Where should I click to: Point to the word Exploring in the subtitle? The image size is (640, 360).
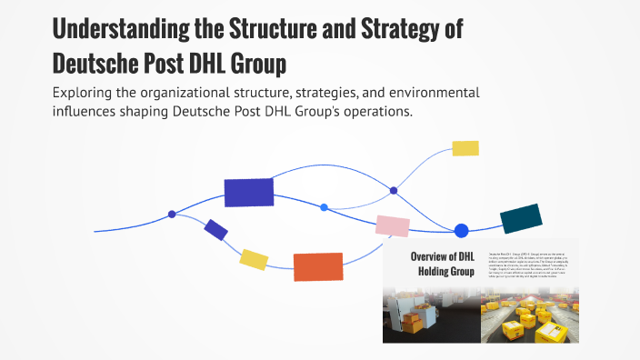(x=86, y=94)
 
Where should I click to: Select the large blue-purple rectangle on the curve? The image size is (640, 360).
(x=249, y=193)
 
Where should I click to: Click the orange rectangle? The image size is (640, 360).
(x=318, y=266)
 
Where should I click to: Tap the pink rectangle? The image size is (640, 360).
(x=393, y=225)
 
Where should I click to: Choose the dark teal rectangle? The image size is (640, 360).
(x=521, y=218)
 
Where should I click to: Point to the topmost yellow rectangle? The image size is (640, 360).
(x=465, y=148)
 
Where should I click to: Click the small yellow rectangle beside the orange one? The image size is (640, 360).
(x=254, y=260)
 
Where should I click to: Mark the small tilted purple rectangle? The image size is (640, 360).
(x=215, y=230)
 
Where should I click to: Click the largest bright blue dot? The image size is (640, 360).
(x=461, y=231)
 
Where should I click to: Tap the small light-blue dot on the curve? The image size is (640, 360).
(x=325, y=207)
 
